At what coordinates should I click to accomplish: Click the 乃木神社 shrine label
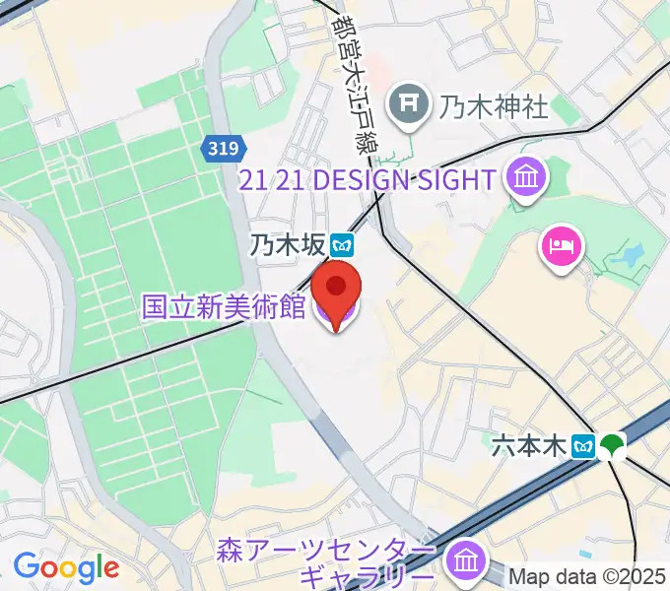click(493, 106)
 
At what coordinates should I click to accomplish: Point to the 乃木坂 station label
click(287, 243)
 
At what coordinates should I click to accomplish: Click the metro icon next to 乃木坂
click(342, 242)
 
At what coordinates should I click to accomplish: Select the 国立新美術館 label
click(224, 306)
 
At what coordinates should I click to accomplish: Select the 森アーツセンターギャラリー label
click(324, 562)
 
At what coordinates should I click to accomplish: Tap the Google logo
click(66, 567)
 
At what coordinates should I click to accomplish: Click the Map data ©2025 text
click(588, 576)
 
